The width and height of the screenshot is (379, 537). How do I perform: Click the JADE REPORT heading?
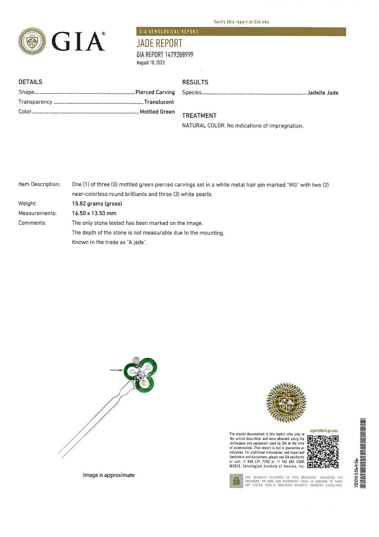point(159,43)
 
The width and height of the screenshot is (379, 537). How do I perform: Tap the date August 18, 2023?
point(150,63)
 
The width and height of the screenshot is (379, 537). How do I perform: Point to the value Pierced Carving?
point(155,92)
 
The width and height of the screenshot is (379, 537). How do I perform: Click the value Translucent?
point(159,102)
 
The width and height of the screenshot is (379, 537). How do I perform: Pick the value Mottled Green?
point(157,112)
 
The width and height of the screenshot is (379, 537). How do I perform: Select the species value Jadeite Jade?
point(323,93)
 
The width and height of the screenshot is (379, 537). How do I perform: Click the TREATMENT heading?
point(199,115)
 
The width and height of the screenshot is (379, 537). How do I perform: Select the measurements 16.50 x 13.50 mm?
point(94,213)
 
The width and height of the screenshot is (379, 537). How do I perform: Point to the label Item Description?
point(39,184)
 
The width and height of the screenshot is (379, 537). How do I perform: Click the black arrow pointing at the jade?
point(116,370)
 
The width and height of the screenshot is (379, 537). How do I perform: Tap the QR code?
point(323,452)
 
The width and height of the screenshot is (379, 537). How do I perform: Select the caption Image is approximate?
point(109,475)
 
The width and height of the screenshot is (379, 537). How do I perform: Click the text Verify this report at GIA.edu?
point(241,22)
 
